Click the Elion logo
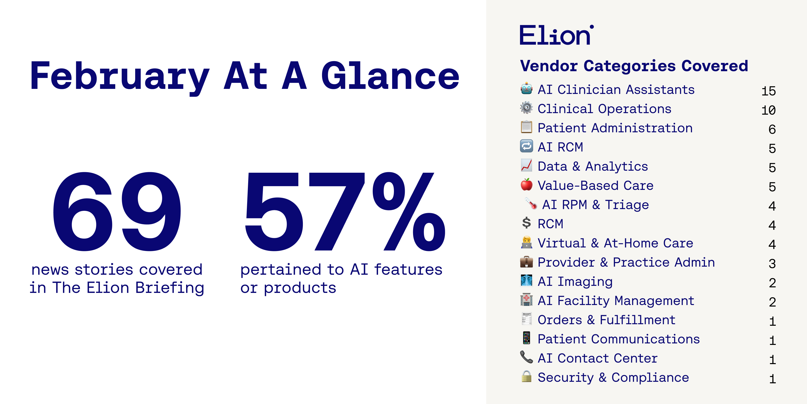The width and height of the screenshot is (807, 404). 556,35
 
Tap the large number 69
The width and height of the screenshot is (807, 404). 117,212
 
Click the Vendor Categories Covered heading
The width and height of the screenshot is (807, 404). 634,66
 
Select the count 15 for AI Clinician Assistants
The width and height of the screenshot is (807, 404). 768,91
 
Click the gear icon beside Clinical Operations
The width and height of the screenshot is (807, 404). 526,108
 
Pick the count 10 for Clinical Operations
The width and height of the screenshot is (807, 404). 768,110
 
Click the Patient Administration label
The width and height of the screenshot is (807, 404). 615,128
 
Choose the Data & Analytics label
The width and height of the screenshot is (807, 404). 593,166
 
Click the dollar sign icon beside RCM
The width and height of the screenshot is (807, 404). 526,223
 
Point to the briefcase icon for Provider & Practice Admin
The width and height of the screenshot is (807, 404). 526,261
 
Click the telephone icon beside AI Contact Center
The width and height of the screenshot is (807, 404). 526,357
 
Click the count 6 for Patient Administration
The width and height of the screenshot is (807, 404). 772,129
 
